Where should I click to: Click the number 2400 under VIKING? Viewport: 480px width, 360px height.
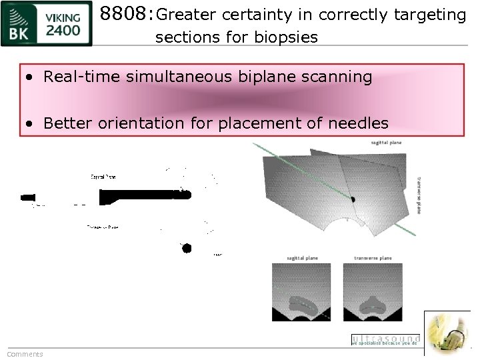point(63,30)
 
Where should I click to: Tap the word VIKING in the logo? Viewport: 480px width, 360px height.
point(63,17)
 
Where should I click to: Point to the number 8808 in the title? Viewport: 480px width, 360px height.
point(125,14)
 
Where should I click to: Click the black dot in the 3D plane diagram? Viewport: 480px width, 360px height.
point(353,199)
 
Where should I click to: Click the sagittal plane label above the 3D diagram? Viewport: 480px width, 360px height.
point(386,142)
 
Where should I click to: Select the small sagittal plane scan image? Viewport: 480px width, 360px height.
point(301,292)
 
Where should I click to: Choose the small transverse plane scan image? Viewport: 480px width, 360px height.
point(373,292)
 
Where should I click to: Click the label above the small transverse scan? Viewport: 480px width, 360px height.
point(373,258)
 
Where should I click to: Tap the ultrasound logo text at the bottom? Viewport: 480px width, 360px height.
point(385,339)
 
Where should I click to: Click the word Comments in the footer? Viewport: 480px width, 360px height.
point(25,354)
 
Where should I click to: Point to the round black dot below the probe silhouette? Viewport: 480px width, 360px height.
point(187,248)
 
